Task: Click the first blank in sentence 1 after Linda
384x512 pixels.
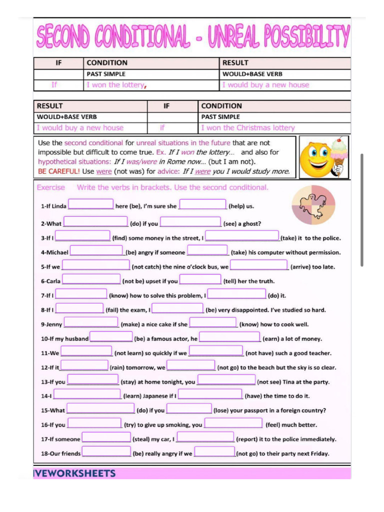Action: pos(90,204)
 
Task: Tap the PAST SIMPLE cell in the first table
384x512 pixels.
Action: pos(106,74)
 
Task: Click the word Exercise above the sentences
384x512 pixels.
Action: pos(51,187)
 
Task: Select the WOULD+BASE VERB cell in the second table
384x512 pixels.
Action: pos(66,116)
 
